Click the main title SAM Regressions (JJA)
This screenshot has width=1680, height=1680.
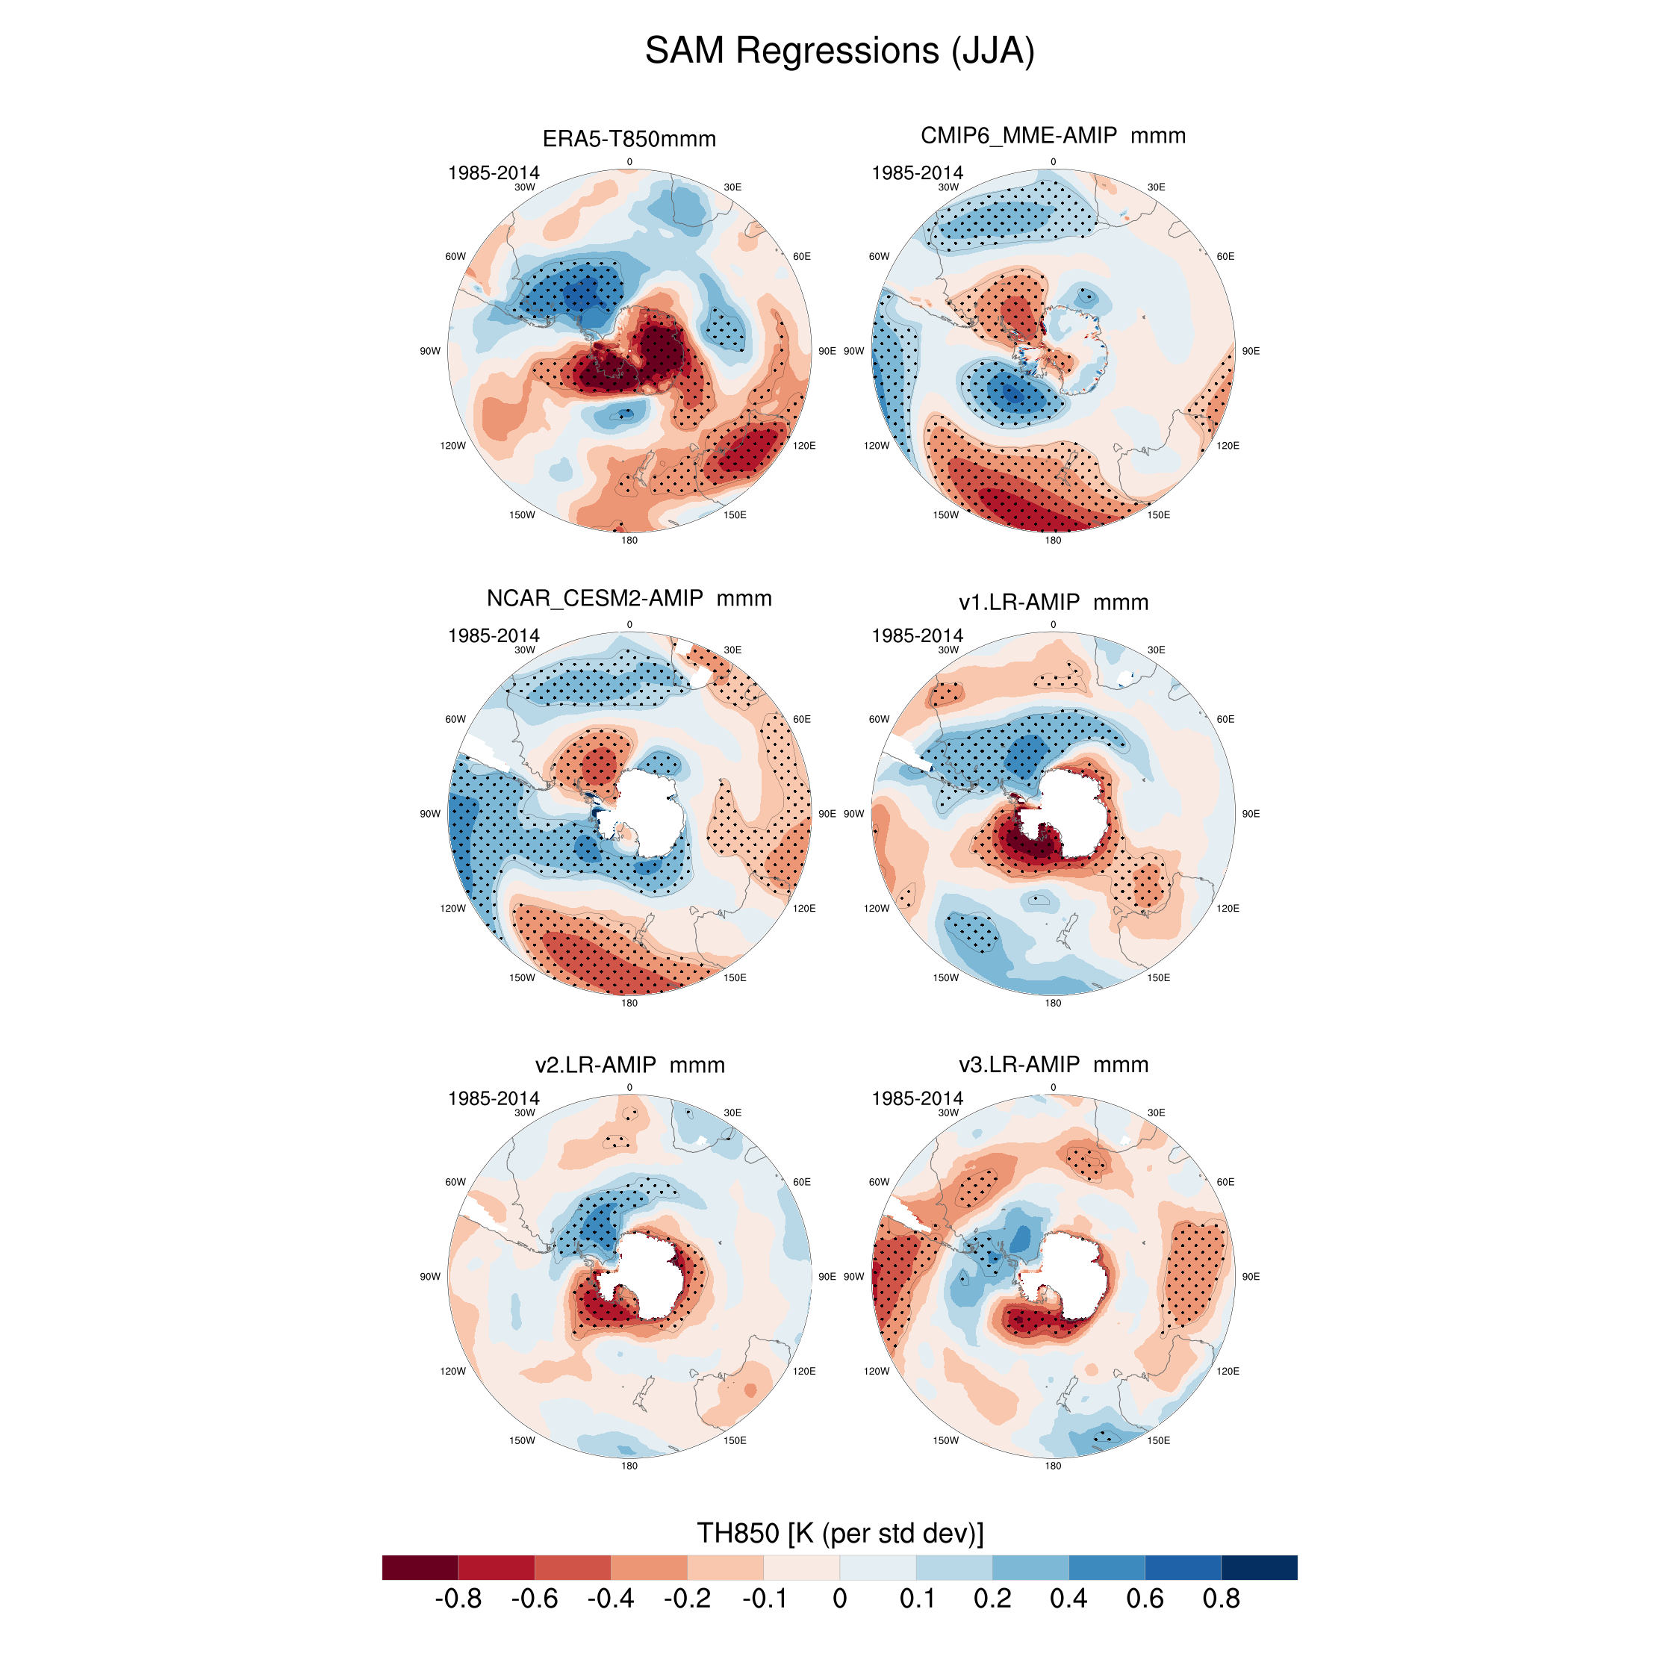pos(839,51)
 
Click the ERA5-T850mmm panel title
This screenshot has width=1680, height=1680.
pos(629,139)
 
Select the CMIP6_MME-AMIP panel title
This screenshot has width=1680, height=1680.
pos(1052,136)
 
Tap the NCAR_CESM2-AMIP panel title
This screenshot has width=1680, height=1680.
pos(629,598)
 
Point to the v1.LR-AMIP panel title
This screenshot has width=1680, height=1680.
pos(1053,602)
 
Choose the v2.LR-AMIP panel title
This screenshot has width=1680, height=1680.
pos(629,1064)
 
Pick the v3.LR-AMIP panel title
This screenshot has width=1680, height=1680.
pos(1053,1064)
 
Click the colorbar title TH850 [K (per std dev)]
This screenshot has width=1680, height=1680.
pos(840,1532)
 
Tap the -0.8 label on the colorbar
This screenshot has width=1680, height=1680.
pos(458,1599)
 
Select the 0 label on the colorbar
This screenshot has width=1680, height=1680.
pos(839,1599)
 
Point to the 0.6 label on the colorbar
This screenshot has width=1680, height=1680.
pos(1145,1599)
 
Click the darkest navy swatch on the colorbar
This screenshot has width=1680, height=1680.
pos(1259,1567)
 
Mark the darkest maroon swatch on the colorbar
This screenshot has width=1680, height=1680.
pos(420,1567)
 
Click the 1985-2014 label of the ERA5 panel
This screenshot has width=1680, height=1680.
pos(493,173)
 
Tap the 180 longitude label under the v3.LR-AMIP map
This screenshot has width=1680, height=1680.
pos(1053,1465)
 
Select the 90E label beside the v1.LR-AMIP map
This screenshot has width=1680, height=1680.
pos(1251,814)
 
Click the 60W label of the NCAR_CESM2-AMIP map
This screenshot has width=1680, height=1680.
pos(455,719)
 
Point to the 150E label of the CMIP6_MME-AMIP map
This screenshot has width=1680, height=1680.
pos(1158,514)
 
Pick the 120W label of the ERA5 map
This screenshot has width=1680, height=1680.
pos(452,445)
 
